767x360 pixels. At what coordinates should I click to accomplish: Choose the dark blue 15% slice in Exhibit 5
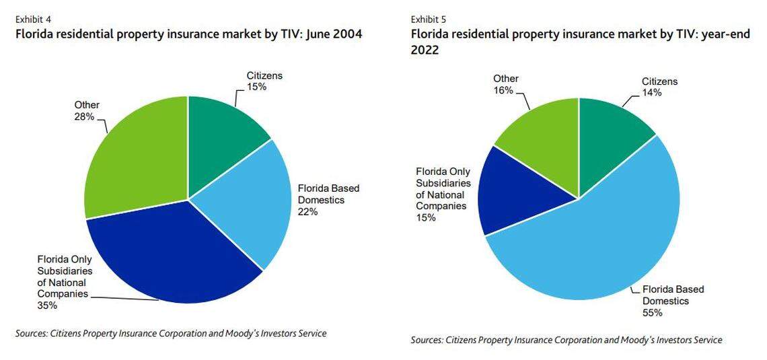521,192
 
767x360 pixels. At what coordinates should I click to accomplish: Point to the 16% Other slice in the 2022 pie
545,135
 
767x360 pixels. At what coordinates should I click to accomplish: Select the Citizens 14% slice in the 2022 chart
609,135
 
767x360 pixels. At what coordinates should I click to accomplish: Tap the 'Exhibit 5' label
429,19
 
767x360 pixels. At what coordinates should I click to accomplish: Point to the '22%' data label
307,211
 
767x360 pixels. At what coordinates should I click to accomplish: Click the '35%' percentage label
47,305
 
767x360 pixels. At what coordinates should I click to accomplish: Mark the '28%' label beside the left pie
84,116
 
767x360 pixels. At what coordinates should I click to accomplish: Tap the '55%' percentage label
652,313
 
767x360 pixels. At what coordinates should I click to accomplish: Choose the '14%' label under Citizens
651,93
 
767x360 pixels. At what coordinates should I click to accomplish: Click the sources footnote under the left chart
171,333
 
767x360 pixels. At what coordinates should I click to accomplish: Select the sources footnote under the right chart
567,340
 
